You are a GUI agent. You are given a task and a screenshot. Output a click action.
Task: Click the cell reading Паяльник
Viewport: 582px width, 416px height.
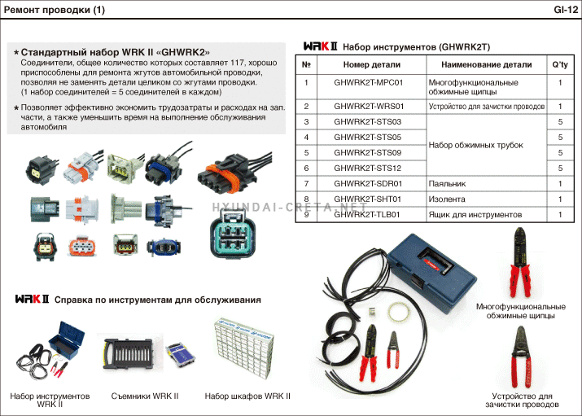[x=447, y=184]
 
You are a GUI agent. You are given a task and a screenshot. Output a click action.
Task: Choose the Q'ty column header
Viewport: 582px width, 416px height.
[x=559, y=65]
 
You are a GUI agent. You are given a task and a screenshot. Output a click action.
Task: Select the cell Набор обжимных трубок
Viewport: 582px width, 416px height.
[x=476, y=145]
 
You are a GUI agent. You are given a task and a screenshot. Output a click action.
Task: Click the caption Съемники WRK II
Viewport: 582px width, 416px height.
[x=144, y=396]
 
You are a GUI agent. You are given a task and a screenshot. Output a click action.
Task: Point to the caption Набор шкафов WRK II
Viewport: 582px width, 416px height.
[x=247, y=396]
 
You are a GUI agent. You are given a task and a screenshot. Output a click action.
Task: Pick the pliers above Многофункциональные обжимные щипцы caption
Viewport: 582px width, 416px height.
[x=519, y=262]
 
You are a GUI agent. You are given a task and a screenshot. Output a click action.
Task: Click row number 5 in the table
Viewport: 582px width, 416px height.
[x=306, y=152]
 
